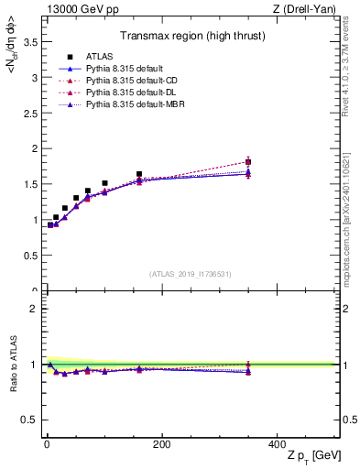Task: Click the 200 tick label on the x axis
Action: click(161, 443)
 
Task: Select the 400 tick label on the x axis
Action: click(280, 443)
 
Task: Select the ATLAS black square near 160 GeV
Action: click(139, 174)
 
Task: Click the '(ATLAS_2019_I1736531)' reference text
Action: click(191, 273)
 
